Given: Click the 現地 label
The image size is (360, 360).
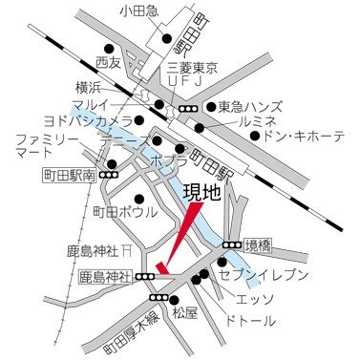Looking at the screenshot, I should pos(204,194).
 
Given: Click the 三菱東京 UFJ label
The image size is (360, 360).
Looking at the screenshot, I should pos(194,77).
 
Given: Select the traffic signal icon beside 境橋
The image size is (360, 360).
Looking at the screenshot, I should pos(229,245).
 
